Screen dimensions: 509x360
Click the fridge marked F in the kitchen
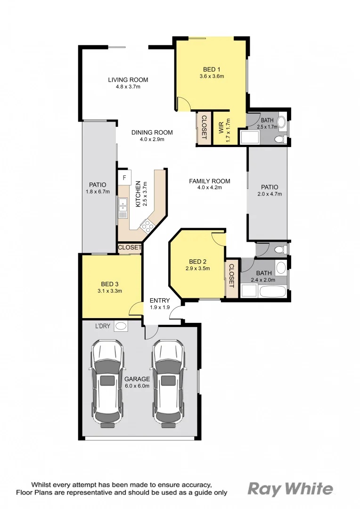pyautogui.click(x=124, y=178)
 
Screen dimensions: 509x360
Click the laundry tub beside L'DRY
pyautogui.click(x=121, y=326)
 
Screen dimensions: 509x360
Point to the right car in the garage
pyautogui.click(x=167, y=384)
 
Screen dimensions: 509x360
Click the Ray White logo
pyautogui.click(x=290, y=489)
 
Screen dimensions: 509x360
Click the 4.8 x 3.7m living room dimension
pyautogui.click(x=128, y=87)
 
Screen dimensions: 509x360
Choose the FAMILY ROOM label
pyautogui.click(x=209, y=181)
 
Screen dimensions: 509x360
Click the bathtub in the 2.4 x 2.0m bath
pyautogui.click(x=272, y=291)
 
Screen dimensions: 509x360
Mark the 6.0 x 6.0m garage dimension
pyautogui.click(x=137, y=386)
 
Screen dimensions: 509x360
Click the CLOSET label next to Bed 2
pyautogui.click(x=231, y=275)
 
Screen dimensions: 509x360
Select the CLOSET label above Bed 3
pyautogui.click(x=130, y=247)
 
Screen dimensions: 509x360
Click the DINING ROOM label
pyautogui.click(x=152, y=132)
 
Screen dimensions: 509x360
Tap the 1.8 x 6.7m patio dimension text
pyautogui.click(x=98, y=191)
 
